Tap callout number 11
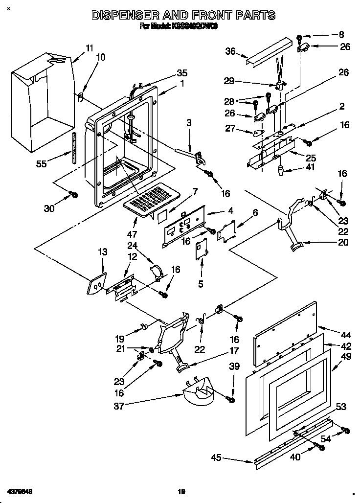pos(89,48)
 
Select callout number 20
pos(329,242)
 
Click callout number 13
pos(102,252)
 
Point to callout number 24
pos(132,246)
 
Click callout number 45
pos(216,458)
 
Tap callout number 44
pos(346,335)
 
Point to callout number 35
pos(181,73)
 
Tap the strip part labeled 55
pos(75,147)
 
